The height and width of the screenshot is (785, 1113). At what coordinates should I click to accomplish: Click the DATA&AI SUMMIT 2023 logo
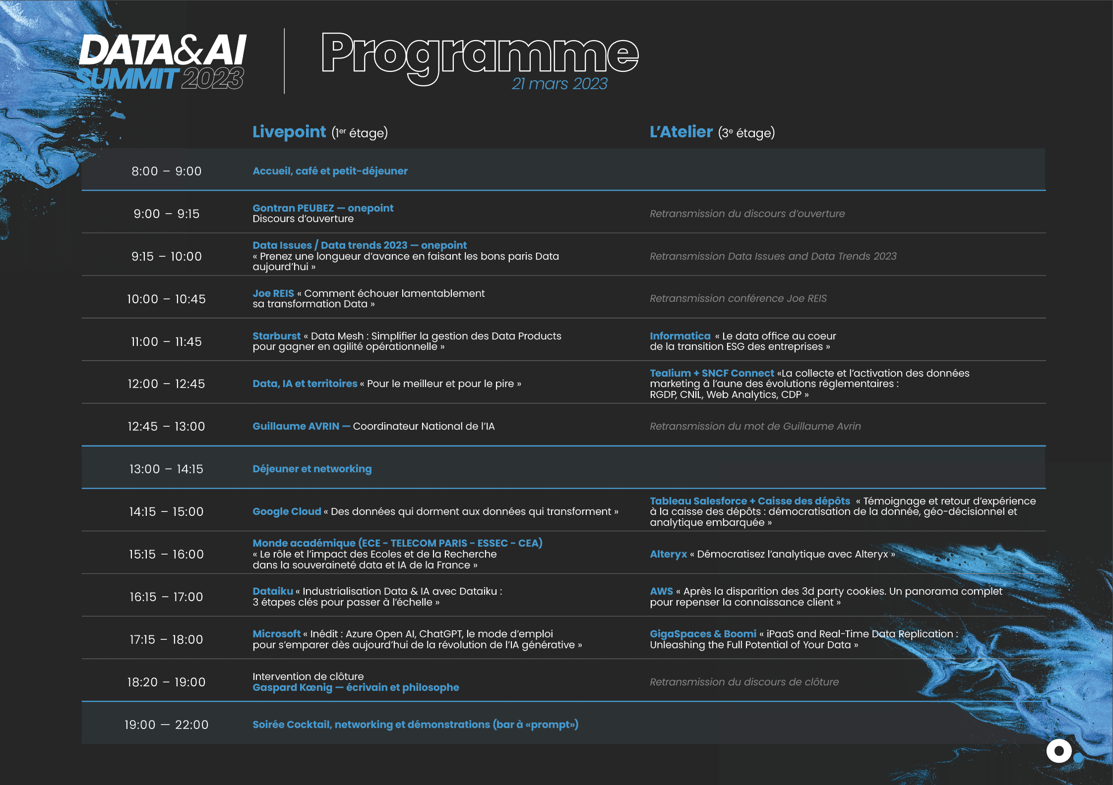click(162, 62)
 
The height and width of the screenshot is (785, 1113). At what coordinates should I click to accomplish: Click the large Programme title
click(480, 57)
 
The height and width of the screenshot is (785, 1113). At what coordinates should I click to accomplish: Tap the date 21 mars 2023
click(559, 84)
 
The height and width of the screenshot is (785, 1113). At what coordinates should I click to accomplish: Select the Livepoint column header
click(289, 132)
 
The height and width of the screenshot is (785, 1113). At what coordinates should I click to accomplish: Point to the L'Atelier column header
click(681, 132)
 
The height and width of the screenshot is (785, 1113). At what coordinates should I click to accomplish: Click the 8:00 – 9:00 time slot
click(167, 171)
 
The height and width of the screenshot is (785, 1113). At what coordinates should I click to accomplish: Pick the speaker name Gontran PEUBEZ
click(293, 208)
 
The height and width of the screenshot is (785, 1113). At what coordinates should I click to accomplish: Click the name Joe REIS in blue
click(273, 293)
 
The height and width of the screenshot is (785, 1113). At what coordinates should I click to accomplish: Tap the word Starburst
click(276, 336)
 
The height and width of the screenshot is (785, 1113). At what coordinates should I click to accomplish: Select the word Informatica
click(680, 336)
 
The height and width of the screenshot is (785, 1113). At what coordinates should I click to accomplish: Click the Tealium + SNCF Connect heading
click(712, 373)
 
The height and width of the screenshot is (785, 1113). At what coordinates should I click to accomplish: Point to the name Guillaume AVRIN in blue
click(296, 426)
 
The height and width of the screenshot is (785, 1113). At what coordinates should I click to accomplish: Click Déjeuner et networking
click(312, 469)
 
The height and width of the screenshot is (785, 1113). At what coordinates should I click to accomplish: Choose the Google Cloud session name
click(287, 511)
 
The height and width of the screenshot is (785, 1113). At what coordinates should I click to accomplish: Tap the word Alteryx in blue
click(669, 554)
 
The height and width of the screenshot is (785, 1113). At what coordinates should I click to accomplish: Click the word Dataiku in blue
click(273, 591)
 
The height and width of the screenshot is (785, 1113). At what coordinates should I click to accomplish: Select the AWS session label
click(661, 591)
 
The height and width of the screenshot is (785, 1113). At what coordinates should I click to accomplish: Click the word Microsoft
click(276, 634)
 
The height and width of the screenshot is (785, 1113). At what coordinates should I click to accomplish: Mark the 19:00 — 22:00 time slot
click(167, 725)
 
